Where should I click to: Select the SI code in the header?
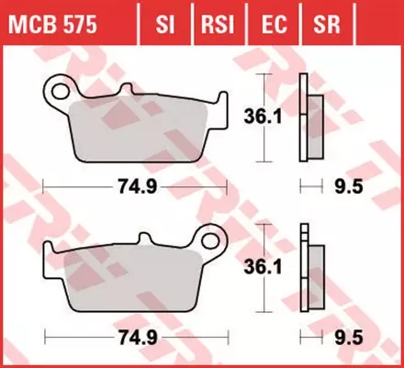pos(165,20)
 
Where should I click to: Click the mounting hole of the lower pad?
pos(214,243)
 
